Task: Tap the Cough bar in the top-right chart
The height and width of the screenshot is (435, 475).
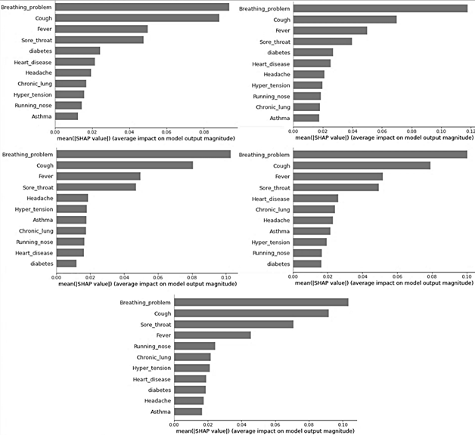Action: tap(344, 20)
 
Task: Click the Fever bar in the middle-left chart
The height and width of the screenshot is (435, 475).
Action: tap(98, 176)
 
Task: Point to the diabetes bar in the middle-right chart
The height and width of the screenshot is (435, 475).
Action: tap(307, 264)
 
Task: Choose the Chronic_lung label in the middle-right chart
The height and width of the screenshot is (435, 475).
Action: tap(273, 209)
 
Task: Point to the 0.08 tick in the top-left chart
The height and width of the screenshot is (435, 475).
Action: tap(204, 131)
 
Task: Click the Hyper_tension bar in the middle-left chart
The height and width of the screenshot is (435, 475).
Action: tap(72, 208)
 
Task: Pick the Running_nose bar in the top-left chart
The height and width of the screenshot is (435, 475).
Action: tap(69, 106)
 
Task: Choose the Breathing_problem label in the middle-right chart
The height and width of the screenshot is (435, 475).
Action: tap(264, 155)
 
